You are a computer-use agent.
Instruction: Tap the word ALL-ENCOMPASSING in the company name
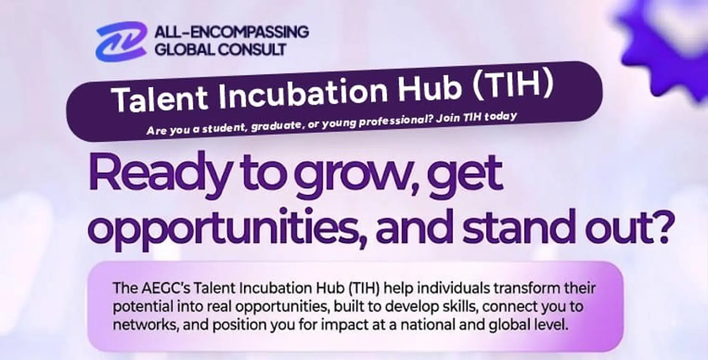231,32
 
